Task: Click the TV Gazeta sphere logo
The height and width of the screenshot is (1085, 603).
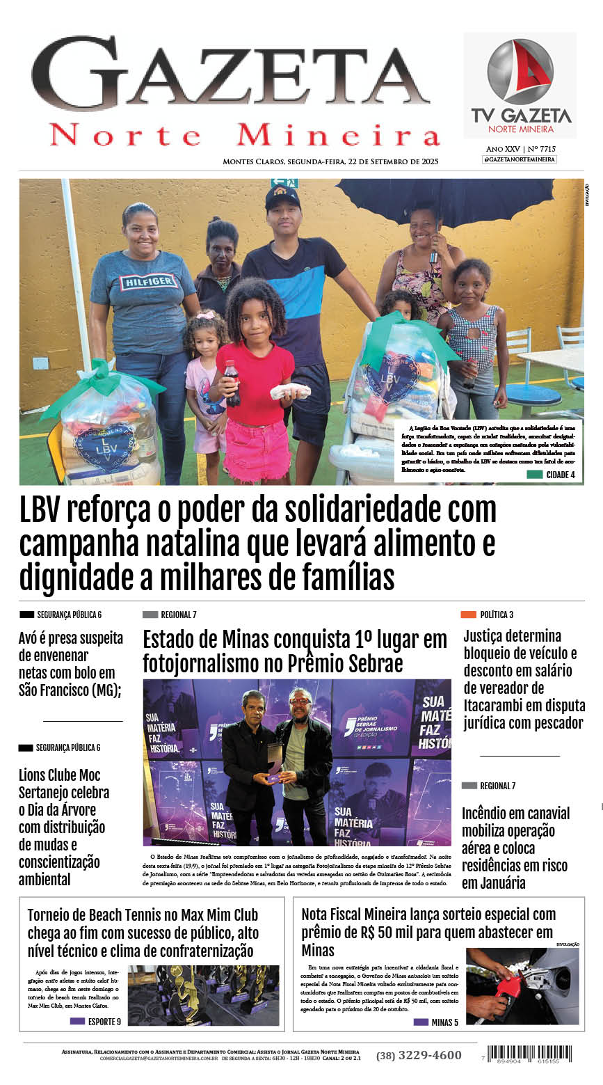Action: click(520, 71)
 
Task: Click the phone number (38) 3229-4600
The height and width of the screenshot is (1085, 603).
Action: click(419, 1055)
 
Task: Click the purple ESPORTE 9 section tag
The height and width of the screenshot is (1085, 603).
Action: click(95, 1022)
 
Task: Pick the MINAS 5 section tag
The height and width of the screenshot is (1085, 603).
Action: click(436, 1022)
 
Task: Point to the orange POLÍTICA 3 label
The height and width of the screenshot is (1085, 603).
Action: click(487, 615)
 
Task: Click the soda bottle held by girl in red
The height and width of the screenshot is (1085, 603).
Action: click(232, 382)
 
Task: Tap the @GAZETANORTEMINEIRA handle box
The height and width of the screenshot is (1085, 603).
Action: click(520, 159)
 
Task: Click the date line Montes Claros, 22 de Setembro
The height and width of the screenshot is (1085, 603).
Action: click(330, 161)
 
